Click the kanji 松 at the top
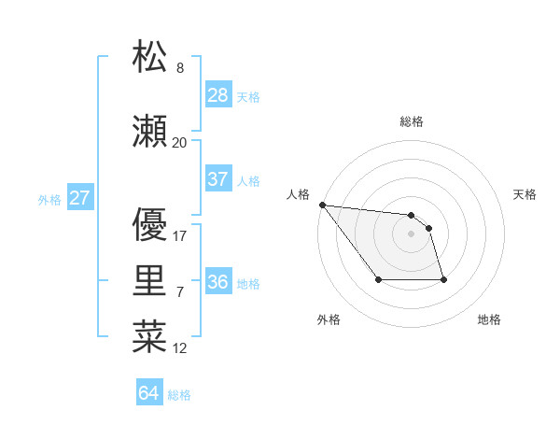click(149, 58)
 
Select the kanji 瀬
click(149, 134)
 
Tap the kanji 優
click(149, 224)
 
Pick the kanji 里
click(149, 283)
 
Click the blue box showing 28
click(217, 95)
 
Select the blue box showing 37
click(217, 179)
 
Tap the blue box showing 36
click(217, 282)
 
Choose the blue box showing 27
click(80, 198)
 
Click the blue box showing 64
click(149, 393)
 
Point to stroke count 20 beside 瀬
click(179, 143)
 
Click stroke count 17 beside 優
click(180, 236)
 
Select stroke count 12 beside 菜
click(180, 348)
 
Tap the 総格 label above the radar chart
click(412, 121)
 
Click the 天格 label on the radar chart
click(525, 194)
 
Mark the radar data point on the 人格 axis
click(322, 205)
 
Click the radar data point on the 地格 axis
click(443, 279)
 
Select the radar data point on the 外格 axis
click(378, 279)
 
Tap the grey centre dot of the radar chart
click(411, 234)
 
